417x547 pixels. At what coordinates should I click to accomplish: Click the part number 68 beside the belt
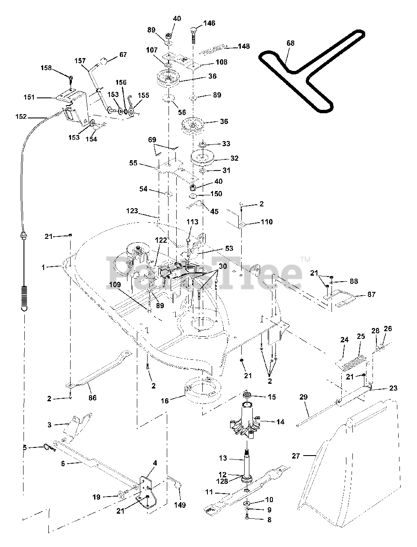pyautogui.click(x=290, y=43)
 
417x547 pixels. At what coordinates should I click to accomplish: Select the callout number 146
pyautogui.click(x=209, y=23)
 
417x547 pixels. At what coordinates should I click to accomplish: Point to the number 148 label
pyautogui.click(x=244, y=46)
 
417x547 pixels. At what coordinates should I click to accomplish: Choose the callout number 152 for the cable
pyautogui.click(x=21, y=116)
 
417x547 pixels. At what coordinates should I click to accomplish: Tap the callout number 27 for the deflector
pyautogui.click(x=296, y=456)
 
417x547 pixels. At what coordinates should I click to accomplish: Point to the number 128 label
pyautogui.click(x=222, y=481)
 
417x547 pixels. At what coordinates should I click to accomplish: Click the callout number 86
pyautogui.click(x=92, y=398)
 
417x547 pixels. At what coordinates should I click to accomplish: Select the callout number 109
pyautogui.click(x=115, y=285)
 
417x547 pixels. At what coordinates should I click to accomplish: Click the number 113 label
pyautogui.click(x=192, y=222)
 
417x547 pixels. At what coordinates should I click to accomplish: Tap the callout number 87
pyautogui.click(x=371, y=294)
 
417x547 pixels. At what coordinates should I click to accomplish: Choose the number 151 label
pyautogui.click(x=29, y=97)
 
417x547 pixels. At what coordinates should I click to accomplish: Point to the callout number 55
pyautogui.click(x=133, y=163)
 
